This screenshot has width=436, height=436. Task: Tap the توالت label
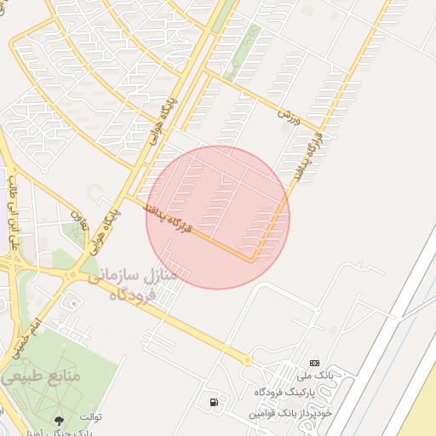coord(91,416)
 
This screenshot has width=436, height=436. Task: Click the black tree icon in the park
coord(59,419)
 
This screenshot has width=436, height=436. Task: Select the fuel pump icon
coord(211,401)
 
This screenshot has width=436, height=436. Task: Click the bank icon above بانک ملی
coord(313,363)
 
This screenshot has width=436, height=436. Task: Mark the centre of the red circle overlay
coord(218,217)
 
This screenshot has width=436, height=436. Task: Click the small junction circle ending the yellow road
coord(249,360)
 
